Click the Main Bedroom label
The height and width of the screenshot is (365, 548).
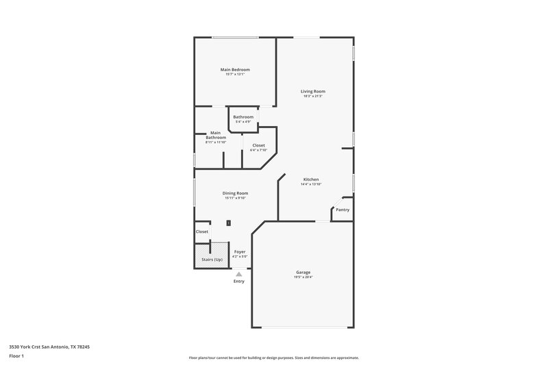tap(235, 70)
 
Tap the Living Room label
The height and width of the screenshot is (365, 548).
tap(312, 91)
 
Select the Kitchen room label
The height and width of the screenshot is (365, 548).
tap(311, 179)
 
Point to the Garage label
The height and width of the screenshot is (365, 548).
tap(302, 272)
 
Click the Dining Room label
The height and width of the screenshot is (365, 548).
tap(235, 193)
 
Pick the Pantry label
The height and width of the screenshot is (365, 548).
tap(342, 210)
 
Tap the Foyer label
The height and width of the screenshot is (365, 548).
tap(240, 251)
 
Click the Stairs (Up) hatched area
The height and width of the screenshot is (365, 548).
tap(211, 253)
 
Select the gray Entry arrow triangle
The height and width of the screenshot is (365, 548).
tap(239, 273)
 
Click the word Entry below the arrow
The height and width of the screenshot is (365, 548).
tap(238, 281)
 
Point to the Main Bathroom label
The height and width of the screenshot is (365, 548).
tap(216, 135)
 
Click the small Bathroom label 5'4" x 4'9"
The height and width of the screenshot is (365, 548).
tap(243, 117)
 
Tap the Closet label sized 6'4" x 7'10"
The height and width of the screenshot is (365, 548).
tap(258, 145)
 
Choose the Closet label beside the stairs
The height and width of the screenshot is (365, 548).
tap(202, 231)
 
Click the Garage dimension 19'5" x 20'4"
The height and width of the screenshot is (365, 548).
tap(302, 277)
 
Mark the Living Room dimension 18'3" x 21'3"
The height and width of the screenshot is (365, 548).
tap(312, 97)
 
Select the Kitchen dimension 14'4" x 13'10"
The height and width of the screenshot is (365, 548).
tap(311, 184)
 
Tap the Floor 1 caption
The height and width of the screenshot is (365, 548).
tap(16, 357)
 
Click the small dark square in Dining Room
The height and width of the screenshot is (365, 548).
tap(229, 223)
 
